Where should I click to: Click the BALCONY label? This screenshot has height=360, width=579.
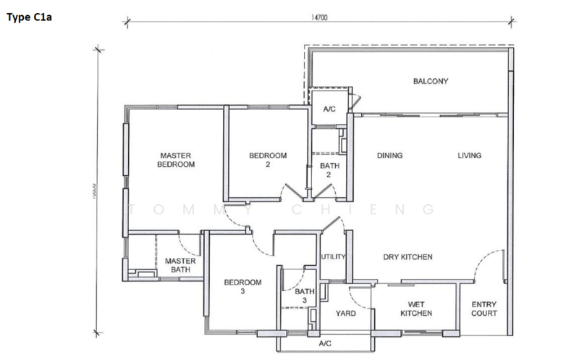click(431, 81)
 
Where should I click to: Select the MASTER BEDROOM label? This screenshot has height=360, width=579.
click(177, 160)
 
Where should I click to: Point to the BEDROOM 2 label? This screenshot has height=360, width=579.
click(268, 160)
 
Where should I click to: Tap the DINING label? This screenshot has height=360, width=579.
click(389, 156)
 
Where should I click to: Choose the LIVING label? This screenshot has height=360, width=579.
click(469, 156)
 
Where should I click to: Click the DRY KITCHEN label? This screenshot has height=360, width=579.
click(407, 257)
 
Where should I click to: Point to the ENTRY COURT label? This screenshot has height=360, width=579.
click(483, 309)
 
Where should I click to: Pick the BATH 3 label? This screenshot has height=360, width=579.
click(305, 296)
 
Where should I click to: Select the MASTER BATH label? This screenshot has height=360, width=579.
click(177, 266)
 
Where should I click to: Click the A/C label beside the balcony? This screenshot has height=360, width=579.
click(329, 109)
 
